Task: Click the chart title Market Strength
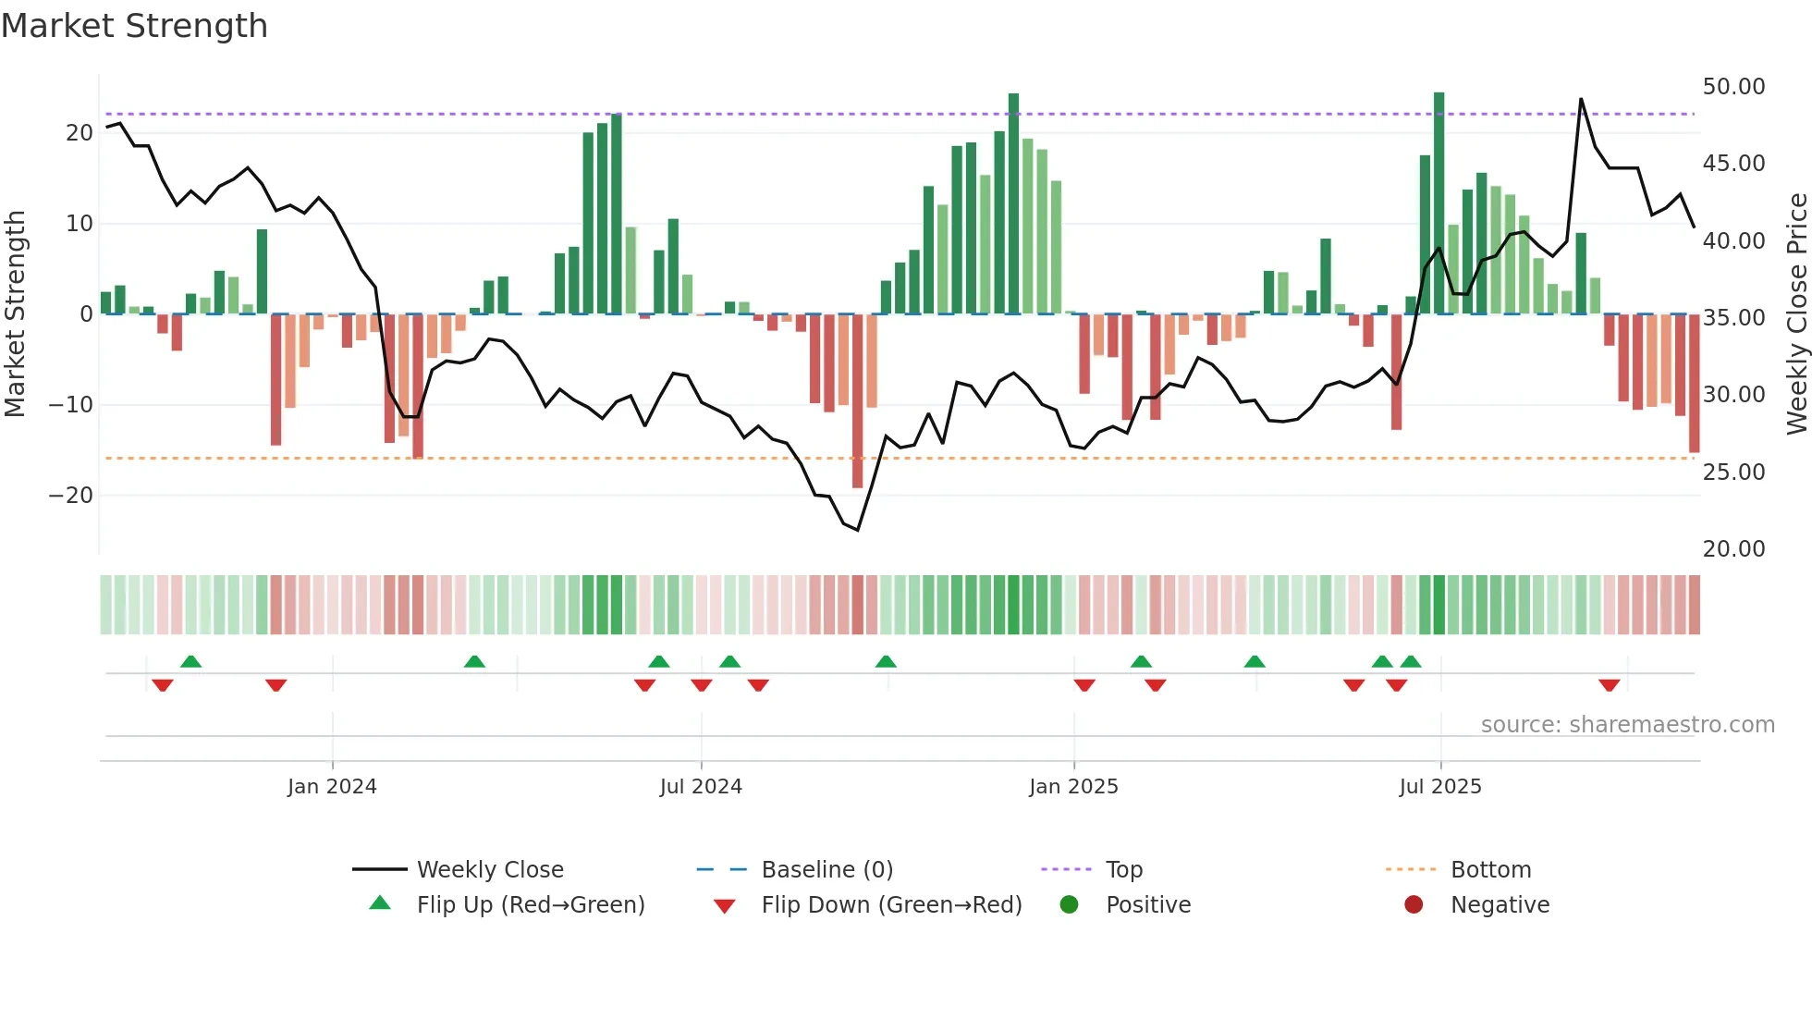134,26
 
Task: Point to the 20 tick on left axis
80,132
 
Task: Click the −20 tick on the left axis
71,495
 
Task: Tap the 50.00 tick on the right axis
1733,86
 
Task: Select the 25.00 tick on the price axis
1733,472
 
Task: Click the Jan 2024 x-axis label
332,787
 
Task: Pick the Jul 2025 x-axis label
1439,787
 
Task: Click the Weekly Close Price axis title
1796,313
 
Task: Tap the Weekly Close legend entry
489,870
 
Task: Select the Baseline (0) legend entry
826,870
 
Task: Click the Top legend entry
1123,870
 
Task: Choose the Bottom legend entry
1490,870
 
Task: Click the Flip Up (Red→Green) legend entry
530,905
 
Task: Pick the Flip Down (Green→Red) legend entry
890,905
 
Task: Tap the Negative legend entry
1499,905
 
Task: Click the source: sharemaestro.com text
1627,725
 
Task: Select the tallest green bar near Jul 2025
1439,203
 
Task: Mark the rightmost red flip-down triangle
1609,685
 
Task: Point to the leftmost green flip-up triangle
190,661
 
